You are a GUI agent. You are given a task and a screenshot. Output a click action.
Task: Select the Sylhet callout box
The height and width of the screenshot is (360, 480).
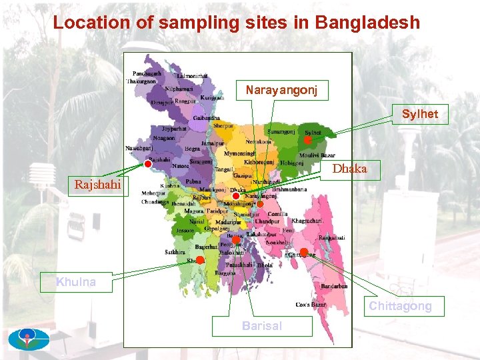pos(420,114)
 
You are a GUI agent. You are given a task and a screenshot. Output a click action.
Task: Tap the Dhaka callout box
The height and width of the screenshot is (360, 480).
pos(350,169)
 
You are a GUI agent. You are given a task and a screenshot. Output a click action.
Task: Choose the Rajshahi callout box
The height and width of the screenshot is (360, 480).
pos(97,185)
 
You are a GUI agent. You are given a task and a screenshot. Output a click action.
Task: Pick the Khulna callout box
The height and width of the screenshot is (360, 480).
pos(76,282)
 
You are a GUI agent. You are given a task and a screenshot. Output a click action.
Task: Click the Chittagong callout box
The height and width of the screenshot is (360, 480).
pos(400,306)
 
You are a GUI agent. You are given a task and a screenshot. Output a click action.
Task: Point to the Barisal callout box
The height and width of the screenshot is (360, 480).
pos(262,326)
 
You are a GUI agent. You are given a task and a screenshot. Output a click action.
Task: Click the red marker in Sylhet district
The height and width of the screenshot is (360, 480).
pos(307,141)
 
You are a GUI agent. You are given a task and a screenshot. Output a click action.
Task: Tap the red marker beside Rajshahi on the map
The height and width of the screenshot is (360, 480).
pos(147,163)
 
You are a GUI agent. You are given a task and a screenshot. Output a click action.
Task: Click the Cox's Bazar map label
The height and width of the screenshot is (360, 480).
pos(311,305)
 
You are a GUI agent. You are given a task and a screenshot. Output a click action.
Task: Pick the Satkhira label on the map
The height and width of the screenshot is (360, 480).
pos(175,252)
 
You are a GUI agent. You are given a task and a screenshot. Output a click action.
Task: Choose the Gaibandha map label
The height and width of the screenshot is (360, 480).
pos(207,118)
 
